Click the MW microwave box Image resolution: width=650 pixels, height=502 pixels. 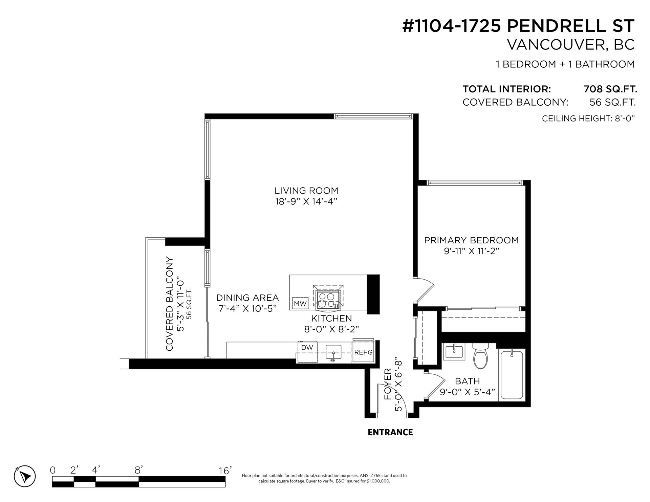(x=300, y=304)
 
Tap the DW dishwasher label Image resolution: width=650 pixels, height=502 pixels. (x=307, y=347)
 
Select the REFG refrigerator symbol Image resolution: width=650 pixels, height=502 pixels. (x=363, y=352)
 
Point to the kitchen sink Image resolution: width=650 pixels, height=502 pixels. (x=333, y=352)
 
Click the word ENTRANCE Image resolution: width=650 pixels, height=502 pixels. (x=390, y=432)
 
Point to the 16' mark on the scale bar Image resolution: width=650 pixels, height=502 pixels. (x=225, y=471)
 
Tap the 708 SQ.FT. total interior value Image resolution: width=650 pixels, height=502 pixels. (x=610, y=89)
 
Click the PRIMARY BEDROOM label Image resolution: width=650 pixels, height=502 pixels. (x=471, y=240)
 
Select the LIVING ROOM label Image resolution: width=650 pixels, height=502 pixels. (x=306, y=191)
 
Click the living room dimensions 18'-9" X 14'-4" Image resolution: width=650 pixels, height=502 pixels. (x=306, y=201)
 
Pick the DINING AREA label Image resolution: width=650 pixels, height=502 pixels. (x=247, y=298)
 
